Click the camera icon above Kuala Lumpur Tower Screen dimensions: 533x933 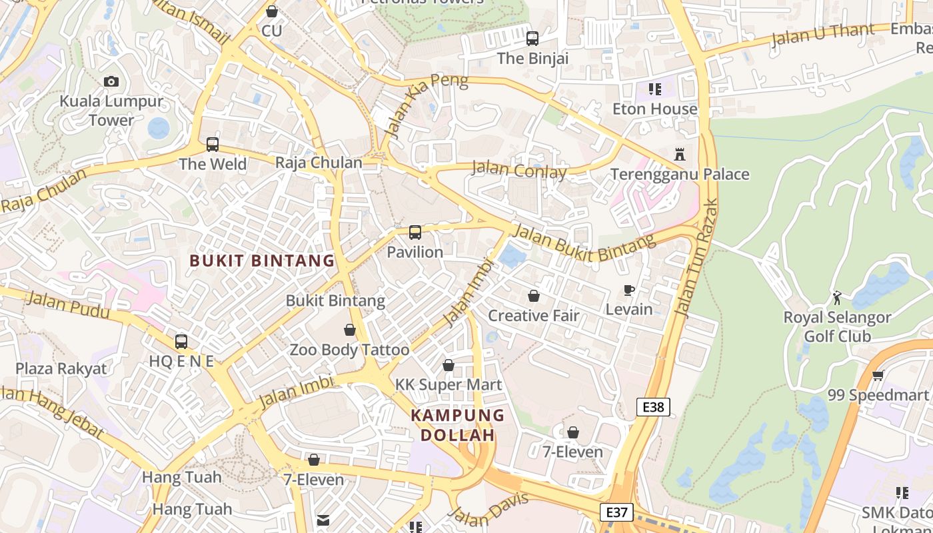click(111, 81)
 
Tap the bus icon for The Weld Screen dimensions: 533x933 click(213, 144)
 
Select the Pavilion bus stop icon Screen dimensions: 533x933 click(415, 233)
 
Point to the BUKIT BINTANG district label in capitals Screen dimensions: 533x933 click(262, 261)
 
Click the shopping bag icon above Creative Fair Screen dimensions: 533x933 click(534, 296)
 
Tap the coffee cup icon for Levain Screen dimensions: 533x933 click(628, 290)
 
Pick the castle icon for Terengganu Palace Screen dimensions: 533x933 click(680, 155)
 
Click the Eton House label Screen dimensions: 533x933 click(654, 109)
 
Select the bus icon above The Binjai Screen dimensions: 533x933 click(532, 39)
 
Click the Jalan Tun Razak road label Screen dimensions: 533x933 click(697, 257)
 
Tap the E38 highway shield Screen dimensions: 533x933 click(652, 407)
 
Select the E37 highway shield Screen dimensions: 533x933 click(616, 512)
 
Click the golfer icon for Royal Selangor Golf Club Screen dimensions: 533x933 click(837, 298)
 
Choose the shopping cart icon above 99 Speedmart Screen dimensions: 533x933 click(878, 375)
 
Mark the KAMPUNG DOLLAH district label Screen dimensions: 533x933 click(457, 425)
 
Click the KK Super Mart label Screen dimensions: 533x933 click(449, 384)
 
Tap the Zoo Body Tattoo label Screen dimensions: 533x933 click(349, 350)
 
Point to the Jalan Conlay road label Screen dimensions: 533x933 click(519, 171)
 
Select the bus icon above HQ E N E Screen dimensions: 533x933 click(181, 342)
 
